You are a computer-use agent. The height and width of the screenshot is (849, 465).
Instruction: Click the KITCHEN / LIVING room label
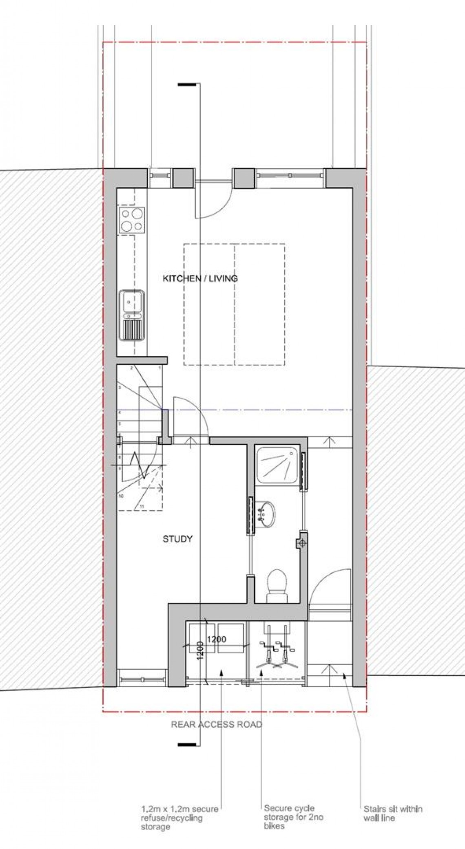[200, 279]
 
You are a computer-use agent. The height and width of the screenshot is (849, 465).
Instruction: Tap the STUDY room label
[177, 539]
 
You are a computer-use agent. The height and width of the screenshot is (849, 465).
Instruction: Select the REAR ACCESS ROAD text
[216, 724]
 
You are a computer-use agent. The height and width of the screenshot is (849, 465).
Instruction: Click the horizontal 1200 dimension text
[216, 639]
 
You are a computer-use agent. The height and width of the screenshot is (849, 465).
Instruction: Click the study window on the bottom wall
[142, 680]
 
